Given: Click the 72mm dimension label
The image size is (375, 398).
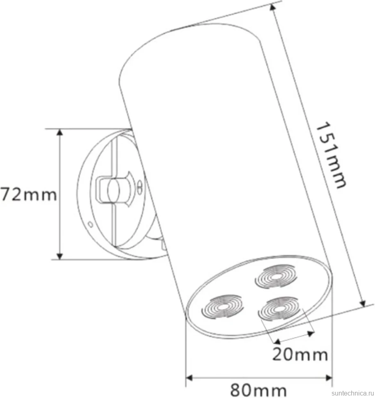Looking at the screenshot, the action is click(x=29, y=194).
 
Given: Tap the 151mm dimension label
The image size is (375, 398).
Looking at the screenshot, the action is click(x=331, y=155).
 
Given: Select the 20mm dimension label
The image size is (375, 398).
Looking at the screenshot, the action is click(x=300, y=354).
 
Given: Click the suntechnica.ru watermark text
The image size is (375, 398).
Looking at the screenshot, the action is click(x=353, y=393).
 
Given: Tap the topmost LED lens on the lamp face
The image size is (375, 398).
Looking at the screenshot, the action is click(x=276, y=277).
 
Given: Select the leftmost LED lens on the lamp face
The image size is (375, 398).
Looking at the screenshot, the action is click(x=223, y=307).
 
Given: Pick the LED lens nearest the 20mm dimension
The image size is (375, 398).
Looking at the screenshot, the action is click(x=279, y=309).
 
